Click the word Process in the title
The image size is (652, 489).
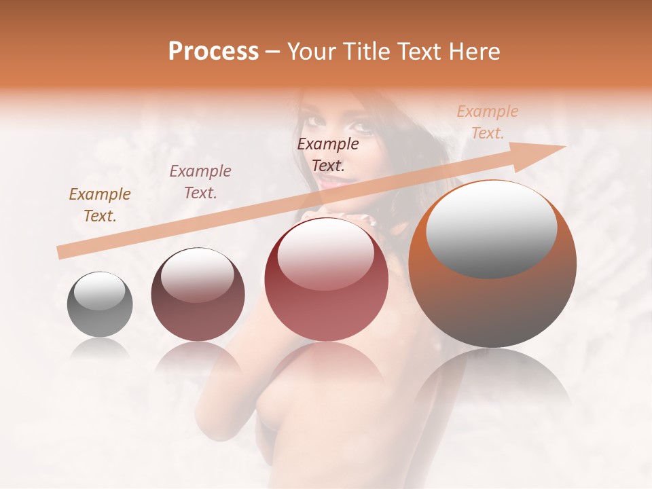(x=213, y=52)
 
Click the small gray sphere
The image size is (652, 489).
(x=100, y=304)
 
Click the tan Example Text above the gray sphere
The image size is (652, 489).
(x=100, y=205)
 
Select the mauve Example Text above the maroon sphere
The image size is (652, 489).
(x=200, y=182)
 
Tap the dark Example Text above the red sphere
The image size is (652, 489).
(x=328, y=154)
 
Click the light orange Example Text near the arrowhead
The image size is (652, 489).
(x=487, y=122)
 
